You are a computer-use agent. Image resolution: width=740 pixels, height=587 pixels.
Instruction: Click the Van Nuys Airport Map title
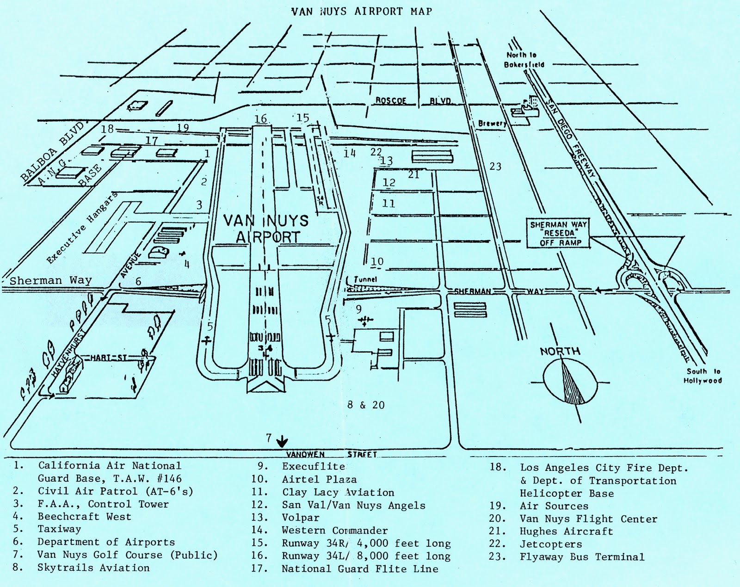click(x=362, y=11)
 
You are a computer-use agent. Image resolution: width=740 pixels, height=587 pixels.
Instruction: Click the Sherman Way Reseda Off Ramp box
click(x=559, y=234)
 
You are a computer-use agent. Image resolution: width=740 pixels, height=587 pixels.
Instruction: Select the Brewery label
click(x=492, y=124)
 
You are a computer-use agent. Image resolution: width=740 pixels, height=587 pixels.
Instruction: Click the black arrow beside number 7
click(x=282, y=441)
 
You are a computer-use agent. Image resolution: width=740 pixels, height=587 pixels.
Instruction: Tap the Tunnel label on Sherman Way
click(x=365, y=279)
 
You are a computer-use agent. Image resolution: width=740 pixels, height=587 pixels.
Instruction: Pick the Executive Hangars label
click(x=82, y=228)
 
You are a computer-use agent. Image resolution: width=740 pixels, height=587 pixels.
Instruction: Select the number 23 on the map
click(x=495, y=166)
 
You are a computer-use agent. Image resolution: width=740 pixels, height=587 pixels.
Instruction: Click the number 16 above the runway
click(x=261, y=119)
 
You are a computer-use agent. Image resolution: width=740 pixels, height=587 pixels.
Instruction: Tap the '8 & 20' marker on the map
click(x=366, y=405)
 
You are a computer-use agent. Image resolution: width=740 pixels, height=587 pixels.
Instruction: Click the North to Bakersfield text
click(x=524, y=60)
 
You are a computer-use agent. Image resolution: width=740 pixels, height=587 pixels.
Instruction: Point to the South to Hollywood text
click(x=703, y=376)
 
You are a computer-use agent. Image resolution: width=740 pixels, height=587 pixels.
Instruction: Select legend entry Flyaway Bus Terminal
click(x=581, y=557)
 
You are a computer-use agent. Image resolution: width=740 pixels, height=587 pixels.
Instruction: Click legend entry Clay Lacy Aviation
click(x=338, y=493)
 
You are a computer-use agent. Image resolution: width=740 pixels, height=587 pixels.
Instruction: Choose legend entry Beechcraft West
click(x=84, y=517)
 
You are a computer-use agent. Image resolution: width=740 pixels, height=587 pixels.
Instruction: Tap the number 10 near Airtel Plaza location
click(x=377, y=261)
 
